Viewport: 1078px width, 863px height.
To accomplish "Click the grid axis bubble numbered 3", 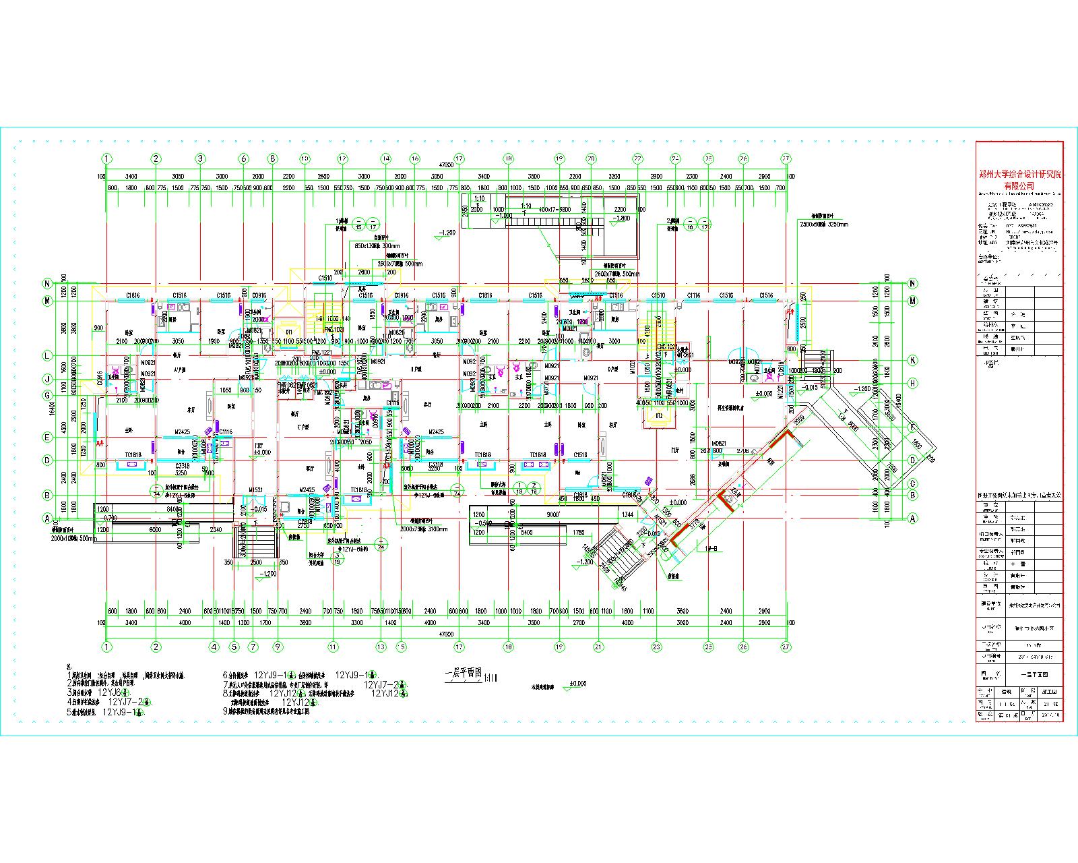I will coord(200,158).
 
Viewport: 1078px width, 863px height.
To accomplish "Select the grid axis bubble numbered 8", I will coord(272,158).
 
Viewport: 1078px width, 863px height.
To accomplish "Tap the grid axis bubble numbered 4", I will coord(214,647).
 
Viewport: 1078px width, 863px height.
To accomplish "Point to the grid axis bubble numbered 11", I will coord(332,647).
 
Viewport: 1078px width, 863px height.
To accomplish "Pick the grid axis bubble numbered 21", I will coord(597,647).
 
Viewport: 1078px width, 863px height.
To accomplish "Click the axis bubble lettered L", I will coord(47,355).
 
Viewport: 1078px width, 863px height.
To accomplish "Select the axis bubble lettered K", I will coord(913,361).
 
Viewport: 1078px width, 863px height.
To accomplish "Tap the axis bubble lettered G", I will coord(47,395).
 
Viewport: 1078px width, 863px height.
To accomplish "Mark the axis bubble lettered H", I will coord(913,384).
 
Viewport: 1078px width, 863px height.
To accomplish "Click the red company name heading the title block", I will coord(1019,179).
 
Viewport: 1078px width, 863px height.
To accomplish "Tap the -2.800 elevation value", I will coord(621,218).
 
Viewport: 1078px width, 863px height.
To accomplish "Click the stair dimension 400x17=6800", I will coord(554,209).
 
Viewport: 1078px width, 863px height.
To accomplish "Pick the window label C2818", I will coord(305,521).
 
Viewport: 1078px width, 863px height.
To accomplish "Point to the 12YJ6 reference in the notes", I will coord(110,692).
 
